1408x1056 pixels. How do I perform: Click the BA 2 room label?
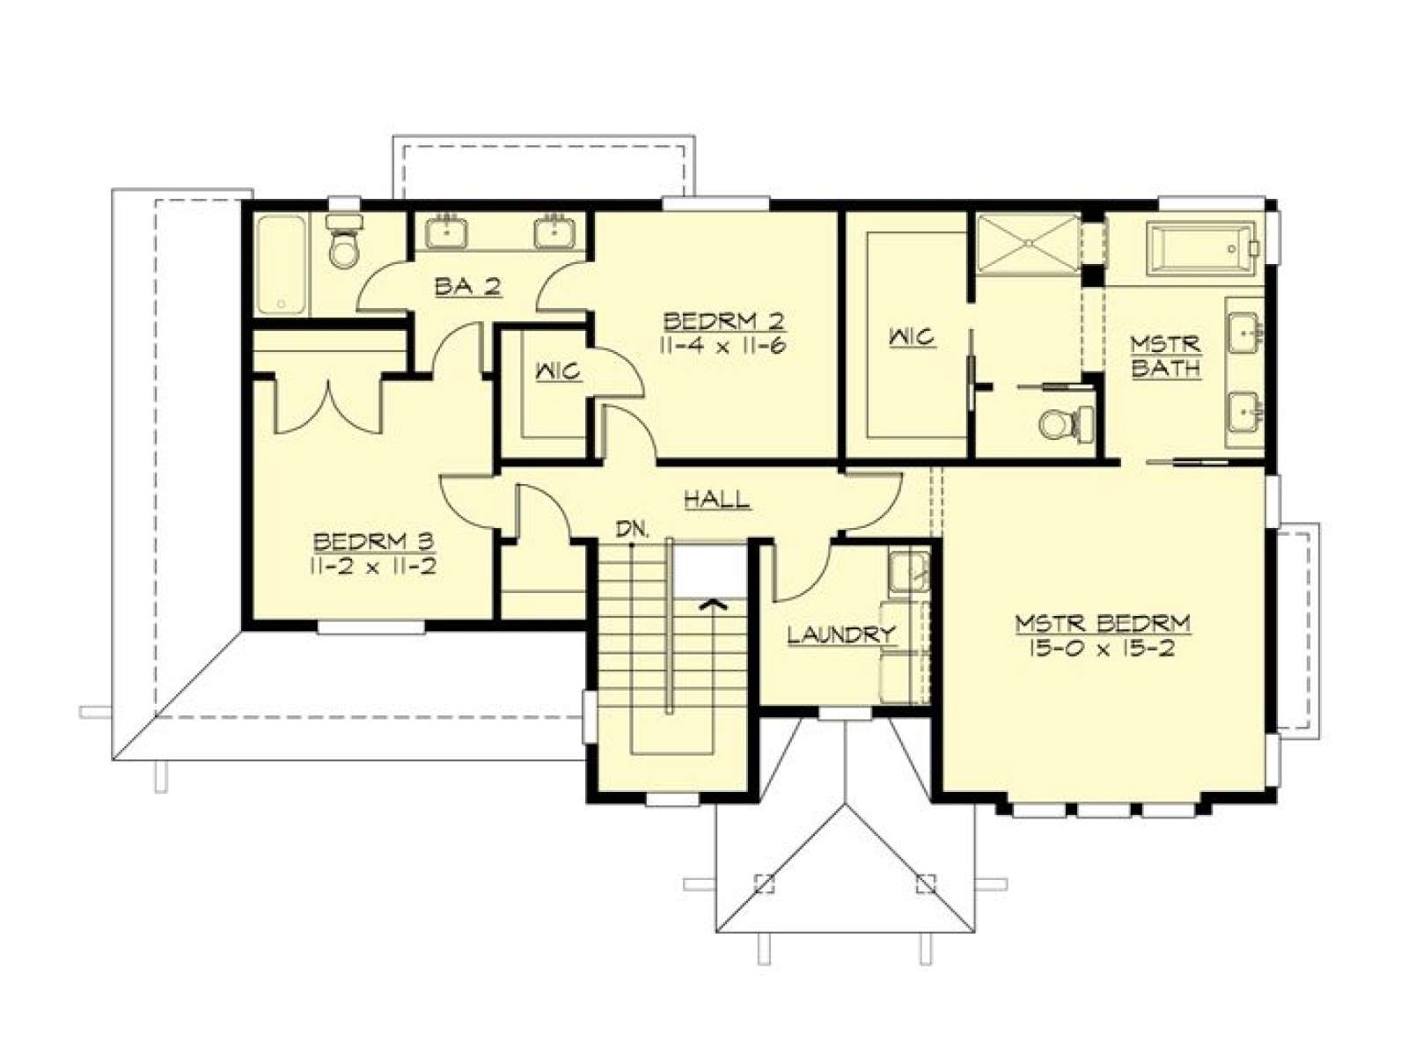pos(467,287)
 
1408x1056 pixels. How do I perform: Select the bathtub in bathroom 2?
pos(281,264)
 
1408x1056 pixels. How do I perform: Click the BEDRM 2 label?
pos(724,321)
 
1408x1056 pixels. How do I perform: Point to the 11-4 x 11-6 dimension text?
pos(723,346)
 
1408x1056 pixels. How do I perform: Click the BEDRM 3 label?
pos(374,542)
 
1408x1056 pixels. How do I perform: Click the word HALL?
pos(716,498)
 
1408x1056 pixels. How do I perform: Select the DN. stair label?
pos(633,530)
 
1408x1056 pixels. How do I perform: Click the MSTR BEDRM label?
pos(1103,622)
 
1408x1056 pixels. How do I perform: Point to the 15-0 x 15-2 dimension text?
pos(1102,649)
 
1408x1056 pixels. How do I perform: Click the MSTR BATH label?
pos(1165,356)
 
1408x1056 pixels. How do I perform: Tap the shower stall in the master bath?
pos(1028,245)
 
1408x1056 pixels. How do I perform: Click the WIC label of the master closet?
pos(911,336)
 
